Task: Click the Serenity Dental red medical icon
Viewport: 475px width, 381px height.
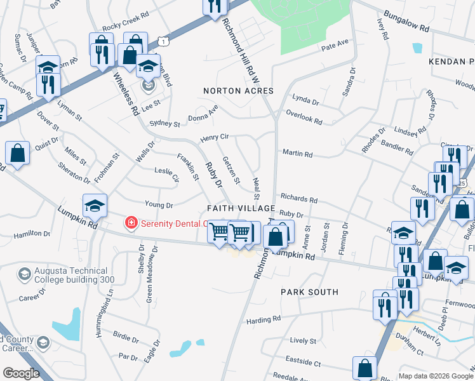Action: [131, 223]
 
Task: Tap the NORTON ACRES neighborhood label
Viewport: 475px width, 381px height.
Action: [238, 91]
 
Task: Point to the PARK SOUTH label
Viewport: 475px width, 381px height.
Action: [310, 292]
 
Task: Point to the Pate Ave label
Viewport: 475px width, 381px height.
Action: [335, 45]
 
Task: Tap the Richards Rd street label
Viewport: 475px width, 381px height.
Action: [299, 199]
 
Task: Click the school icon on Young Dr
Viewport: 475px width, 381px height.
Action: [95, 204]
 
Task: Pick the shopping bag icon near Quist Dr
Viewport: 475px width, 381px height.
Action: [18, 152]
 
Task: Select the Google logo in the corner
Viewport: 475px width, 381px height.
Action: [21, 373]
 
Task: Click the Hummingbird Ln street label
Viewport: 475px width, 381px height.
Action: [99, 313]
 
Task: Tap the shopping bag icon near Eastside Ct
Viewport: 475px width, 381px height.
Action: [365, 366]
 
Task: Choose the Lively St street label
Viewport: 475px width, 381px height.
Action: [303, 340]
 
